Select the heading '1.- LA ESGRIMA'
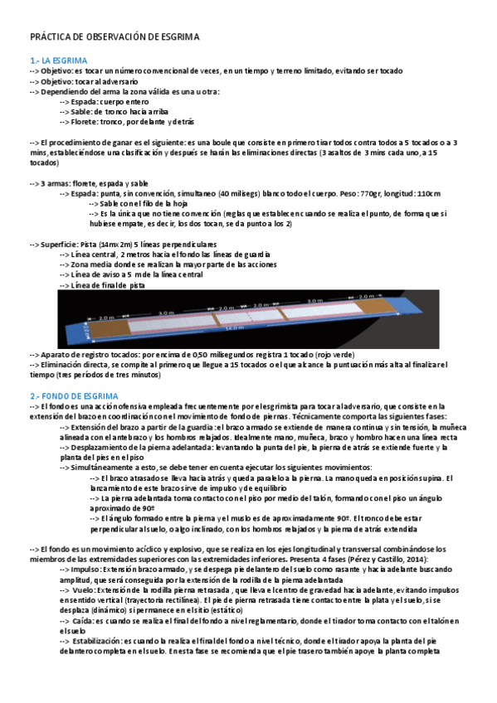point(58,61)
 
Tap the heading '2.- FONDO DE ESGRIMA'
point(76,397)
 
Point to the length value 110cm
point(427,193)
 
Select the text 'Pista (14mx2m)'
point(109,245)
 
